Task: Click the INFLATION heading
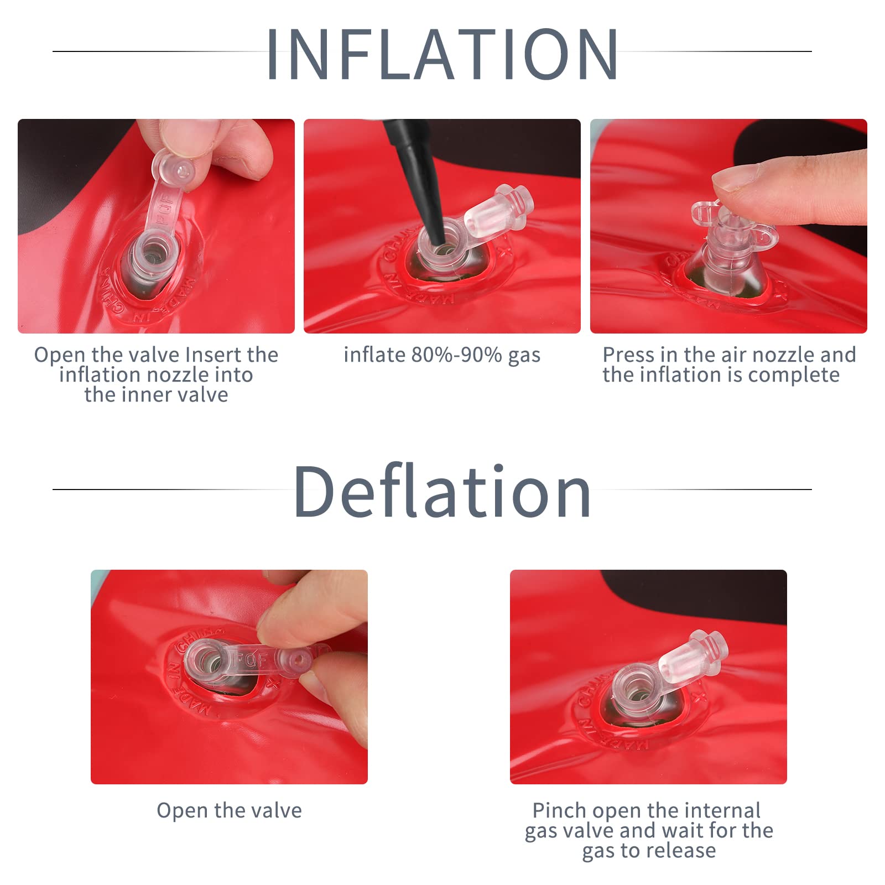click(x=442, y=54)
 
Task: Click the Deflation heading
click(x=442, y=491)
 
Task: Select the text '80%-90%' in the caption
click(x=457, y=355)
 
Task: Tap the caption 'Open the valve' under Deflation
click(x=230, y=811)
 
